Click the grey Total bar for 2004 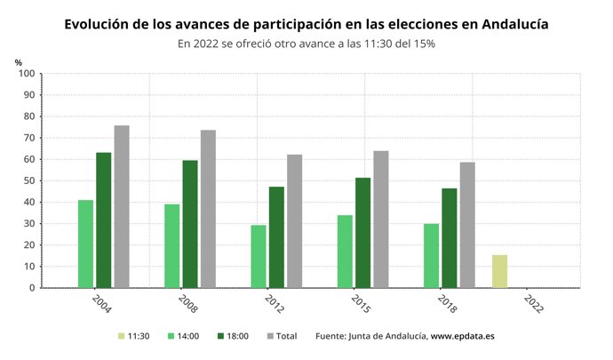pos(121,206)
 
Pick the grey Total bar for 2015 pos(381,219)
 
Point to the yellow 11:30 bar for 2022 pos(500,271)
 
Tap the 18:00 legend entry pos(234,336)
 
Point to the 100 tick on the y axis pos(26,74)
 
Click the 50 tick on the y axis pos(28,180)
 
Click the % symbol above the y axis pos(18,61)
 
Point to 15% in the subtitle pos(422,44)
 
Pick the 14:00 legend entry pos(186,336)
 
